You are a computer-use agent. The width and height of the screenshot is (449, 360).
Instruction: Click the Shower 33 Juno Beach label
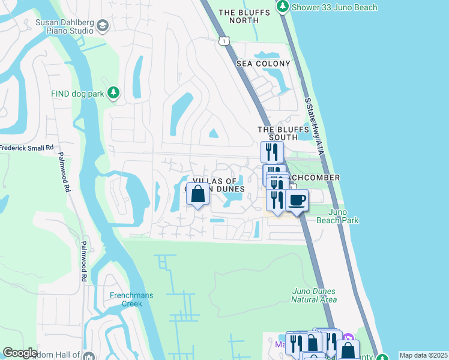point(334,7)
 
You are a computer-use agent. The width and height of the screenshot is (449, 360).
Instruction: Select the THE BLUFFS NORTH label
point(239,16)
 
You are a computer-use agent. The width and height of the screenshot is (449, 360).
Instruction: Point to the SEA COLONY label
point(263,64)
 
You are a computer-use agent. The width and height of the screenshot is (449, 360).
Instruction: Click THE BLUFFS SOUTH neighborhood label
point(277,133)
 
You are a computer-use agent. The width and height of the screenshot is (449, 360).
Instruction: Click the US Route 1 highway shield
point(223,40)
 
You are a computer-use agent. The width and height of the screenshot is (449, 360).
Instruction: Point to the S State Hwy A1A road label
point(313,127)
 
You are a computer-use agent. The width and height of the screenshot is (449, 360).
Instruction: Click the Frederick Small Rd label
point(26,147)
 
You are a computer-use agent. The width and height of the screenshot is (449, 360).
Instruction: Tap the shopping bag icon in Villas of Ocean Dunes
point(199,194)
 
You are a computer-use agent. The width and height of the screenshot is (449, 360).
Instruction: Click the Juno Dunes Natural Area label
point(314,295)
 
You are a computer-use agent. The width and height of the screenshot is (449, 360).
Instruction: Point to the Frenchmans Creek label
point(125,299)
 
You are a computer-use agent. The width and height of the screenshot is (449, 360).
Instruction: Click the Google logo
point(20,352)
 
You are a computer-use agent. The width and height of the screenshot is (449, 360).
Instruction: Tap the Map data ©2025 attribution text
point(423,355)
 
